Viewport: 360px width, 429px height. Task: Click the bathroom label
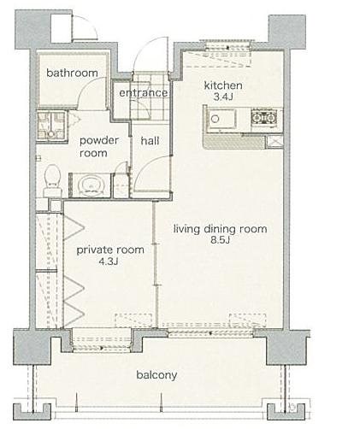(72, 73)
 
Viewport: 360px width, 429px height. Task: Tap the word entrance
(143, 93)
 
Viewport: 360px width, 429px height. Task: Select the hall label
(150, 141)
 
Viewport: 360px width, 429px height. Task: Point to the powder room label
(95, 147)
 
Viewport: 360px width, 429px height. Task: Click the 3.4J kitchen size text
(223, 97)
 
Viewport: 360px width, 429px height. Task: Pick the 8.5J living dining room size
(220, 241)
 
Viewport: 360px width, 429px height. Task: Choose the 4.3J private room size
(109, 262)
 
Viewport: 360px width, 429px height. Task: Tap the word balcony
(156, 374)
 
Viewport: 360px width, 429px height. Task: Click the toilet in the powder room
(52, 180)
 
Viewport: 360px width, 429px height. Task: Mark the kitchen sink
(222, 120)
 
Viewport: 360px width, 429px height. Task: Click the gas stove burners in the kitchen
(263, 118)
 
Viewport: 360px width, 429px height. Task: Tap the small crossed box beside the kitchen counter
(274, 142)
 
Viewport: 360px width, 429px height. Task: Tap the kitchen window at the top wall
(228, 47)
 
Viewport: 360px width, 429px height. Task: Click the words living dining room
(220, 229)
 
